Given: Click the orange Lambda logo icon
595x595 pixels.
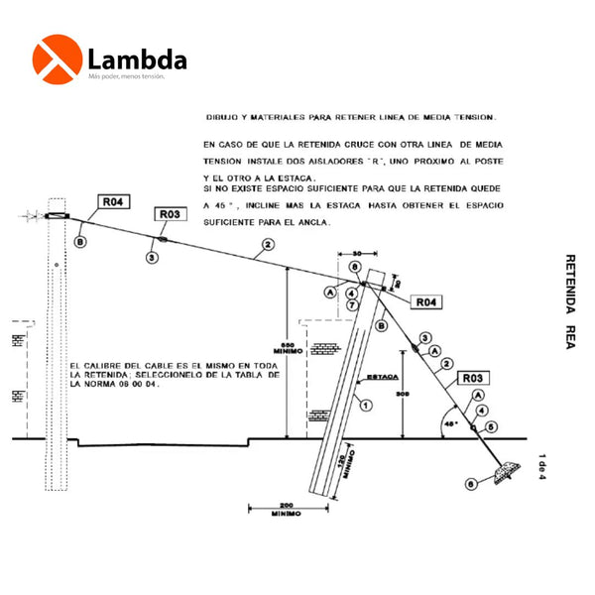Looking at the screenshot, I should (58, 59).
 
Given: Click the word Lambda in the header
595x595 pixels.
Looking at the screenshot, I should (137, 59).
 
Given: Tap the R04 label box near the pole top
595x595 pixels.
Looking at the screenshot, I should (112, 202).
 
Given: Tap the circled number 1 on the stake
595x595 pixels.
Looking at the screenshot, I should (365, 404).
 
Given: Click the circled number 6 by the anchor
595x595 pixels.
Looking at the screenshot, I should (469, 483).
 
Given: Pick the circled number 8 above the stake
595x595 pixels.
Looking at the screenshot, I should (354, 267).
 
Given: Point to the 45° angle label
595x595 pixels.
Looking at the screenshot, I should (450, 422).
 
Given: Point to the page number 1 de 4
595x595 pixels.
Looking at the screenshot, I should (542, 464).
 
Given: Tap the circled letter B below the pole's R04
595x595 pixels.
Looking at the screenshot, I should (79, 241).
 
